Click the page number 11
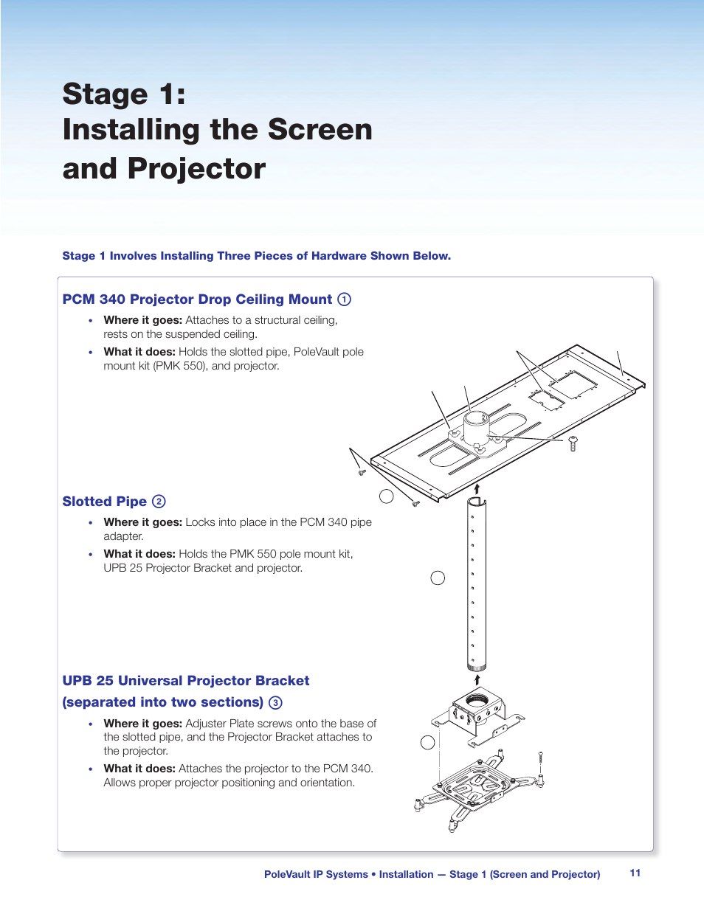[x=635, y=873]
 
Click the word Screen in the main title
[x=320, y=130]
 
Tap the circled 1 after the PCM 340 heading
[x=344, y=299]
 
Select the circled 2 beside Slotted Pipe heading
[x=159, y=502]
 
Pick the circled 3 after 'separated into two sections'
[x=275, y=703]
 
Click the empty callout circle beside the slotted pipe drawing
[x=438, y=578]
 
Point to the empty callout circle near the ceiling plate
[x=386, y=496]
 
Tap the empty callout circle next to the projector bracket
[x=427, y=742]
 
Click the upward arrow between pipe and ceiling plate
[x=477, y=488]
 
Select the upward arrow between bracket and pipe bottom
[x=477, y=679]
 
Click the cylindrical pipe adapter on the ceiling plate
[x=476, y=428]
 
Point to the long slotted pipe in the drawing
[x=476, y=583]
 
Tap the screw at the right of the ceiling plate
[x=573, y=443]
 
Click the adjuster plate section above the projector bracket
[x=478, y=712]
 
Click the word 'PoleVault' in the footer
[x=287, y=874]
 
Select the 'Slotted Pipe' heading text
[x=105, y=502]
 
